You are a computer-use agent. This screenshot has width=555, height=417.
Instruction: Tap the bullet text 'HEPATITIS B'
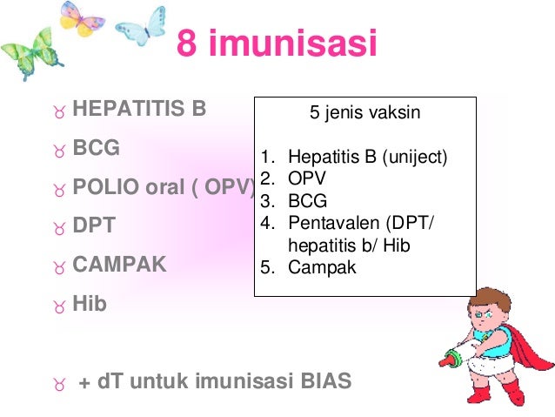(x=139, y=111)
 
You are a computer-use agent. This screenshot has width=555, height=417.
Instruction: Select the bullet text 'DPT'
(x=94, y=225)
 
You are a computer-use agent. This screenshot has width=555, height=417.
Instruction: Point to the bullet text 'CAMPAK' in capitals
(x=119, y=264)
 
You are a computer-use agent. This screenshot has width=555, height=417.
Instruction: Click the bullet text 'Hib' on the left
(x=90, y=304)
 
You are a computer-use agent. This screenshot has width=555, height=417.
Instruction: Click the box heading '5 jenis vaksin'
(x=364, y=112)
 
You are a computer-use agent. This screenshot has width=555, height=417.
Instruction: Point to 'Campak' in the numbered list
(x=322, y=267)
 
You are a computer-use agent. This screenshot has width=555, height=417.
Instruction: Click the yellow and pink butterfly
(x=84, y=19)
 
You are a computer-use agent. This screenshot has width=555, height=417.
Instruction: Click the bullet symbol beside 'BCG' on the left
(x=58, y=151)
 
